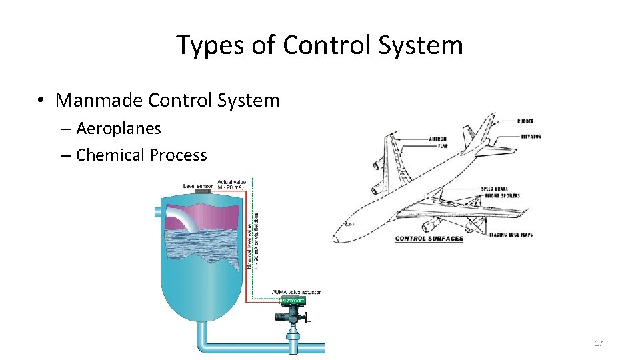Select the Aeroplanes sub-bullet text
coord(118,128)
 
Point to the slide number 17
coord(598,343)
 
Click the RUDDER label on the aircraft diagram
coord(525,121)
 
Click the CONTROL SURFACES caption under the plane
coord(429,239)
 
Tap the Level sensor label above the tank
coord(198,185)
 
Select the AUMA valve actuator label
coord(296,292)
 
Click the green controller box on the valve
coord(293,301)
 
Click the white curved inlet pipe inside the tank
coord(183,218)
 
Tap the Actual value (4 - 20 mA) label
coord(231,184)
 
